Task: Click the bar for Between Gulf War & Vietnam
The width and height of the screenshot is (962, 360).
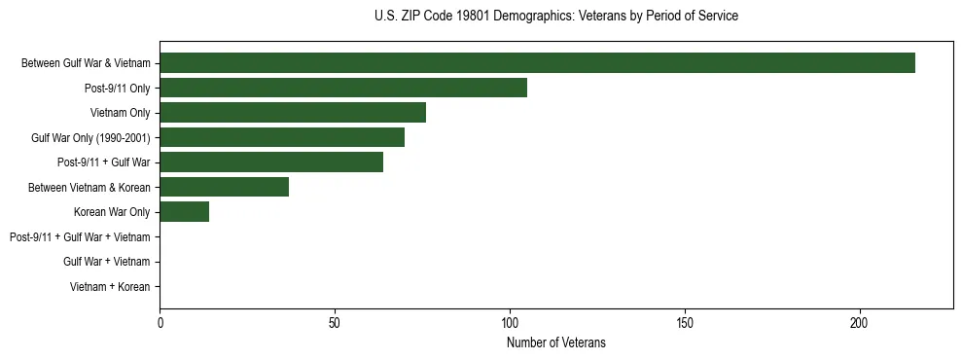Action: coord(537,63)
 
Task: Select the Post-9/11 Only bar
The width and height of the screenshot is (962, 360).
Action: coord(343,88)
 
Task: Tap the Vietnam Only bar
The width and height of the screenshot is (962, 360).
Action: coord(293,113)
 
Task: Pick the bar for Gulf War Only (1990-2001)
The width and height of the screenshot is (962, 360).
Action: coord(282,137)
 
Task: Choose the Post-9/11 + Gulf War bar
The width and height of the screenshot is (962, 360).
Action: coord(271,162)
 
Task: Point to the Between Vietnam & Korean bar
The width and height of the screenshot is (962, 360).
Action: coord(224,187)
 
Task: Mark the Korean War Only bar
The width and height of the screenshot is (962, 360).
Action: coord(184,212)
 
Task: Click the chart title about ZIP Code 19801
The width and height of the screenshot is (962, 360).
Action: coord(555,17)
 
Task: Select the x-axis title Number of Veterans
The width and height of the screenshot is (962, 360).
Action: coord(555,342)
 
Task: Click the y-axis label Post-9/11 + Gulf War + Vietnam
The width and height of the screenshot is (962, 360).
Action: coord(80,237)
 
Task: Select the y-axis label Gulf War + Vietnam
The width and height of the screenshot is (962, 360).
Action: coord(106,262)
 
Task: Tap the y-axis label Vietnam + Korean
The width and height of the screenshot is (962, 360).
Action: coord(110,287)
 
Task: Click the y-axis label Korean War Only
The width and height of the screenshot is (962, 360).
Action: coord(112,212)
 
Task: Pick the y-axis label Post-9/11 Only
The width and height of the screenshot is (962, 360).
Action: coord(117,88)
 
